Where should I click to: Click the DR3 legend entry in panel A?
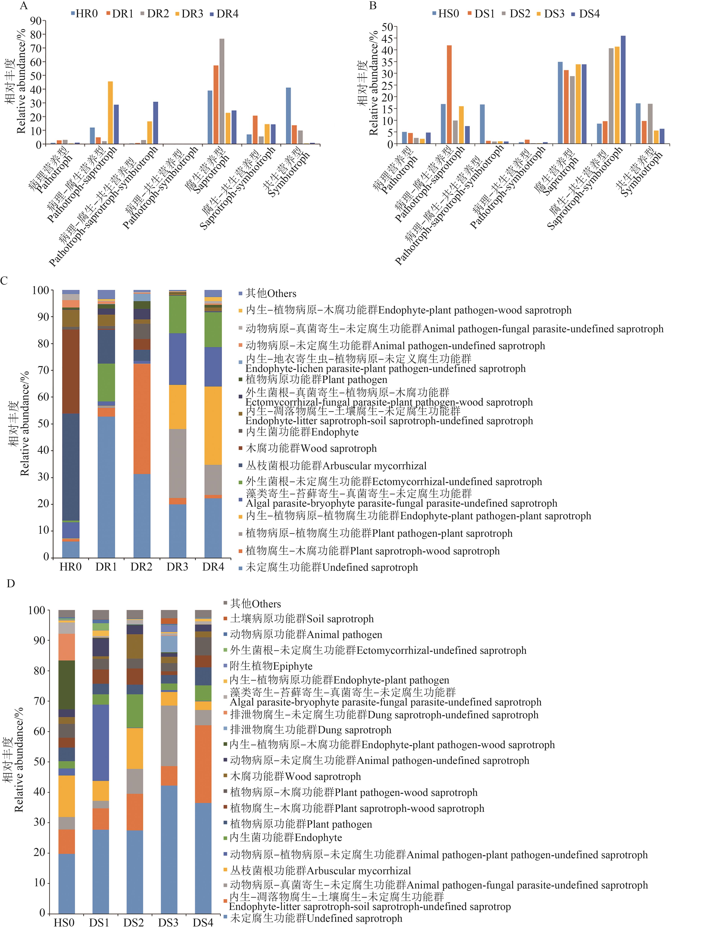click(x=189, y=14)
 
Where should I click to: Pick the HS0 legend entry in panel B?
click(x=445, y=14)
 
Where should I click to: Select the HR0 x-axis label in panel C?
click(x=70, y=567)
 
